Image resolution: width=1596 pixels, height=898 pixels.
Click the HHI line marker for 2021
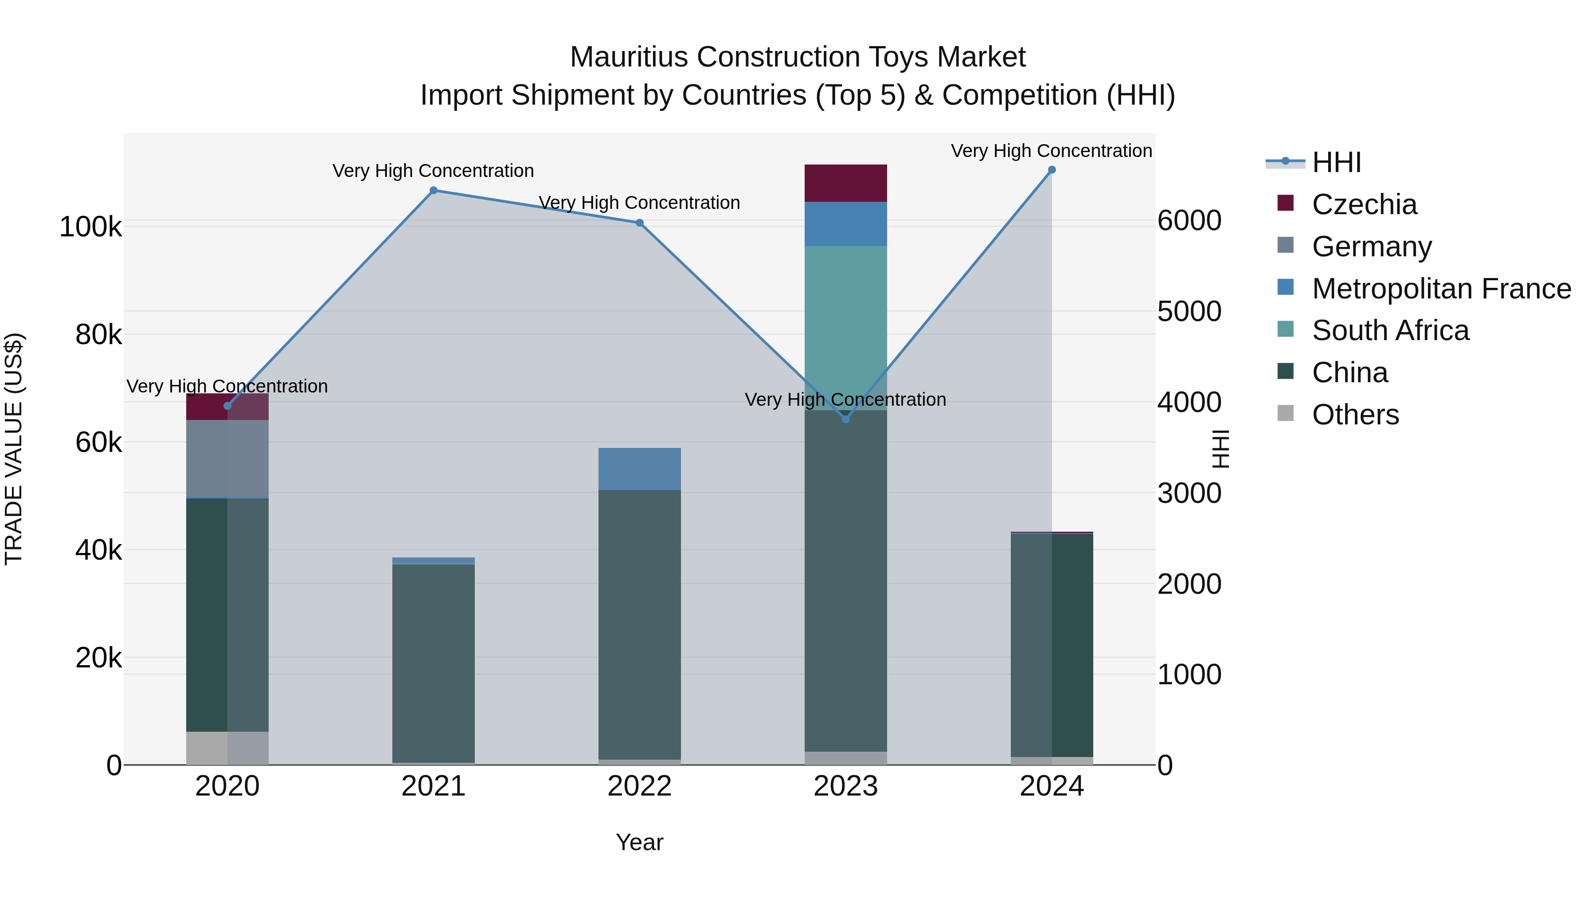tap(433, 190)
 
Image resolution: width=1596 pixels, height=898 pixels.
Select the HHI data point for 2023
tap(846, 419)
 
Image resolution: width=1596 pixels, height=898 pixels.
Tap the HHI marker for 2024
tap(1052, 170)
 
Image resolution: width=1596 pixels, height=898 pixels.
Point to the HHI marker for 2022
tap(639, 223)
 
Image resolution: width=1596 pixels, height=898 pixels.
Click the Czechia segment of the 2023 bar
tap(846, 183)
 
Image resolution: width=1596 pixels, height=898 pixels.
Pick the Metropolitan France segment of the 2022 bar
tap(639, 469)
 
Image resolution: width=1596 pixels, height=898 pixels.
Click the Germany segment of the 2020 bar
tap(227, 459)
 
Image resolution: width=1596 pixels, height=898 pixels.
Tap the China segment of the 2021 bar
tap(433, 663)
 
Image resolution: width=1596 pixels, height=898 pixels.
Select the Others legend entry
tap(1355, 415)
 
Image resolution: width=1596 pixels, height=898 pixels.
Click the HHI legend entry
tap(1336, 162)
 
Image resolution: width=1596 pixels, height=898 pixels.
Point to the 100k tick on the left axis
tap(90, 227)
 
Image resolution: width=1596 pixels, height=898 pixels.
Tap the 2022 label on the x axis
tap(639, 786)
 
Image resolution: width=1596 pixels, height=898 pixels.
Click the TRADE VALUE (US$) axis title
tap(14, 449)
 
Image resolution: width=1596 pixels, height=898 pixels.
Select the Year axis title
tap(639, 842)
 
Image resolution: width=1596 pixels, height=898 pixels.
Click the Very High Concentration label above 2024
tap(1052, 151)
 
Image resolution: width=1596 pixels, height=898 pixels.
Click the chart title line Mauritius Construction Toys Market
tap(798, 57)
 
